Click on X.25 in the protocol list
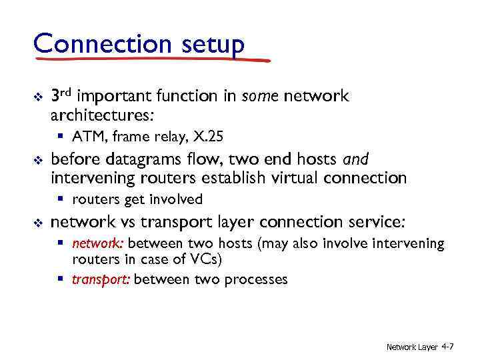[208, 137]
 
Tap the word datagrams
[133, 159]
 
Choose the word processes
[255, 279]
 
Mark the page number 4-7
[447, 347]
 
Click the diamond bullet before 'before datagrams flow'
[37, 160]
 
